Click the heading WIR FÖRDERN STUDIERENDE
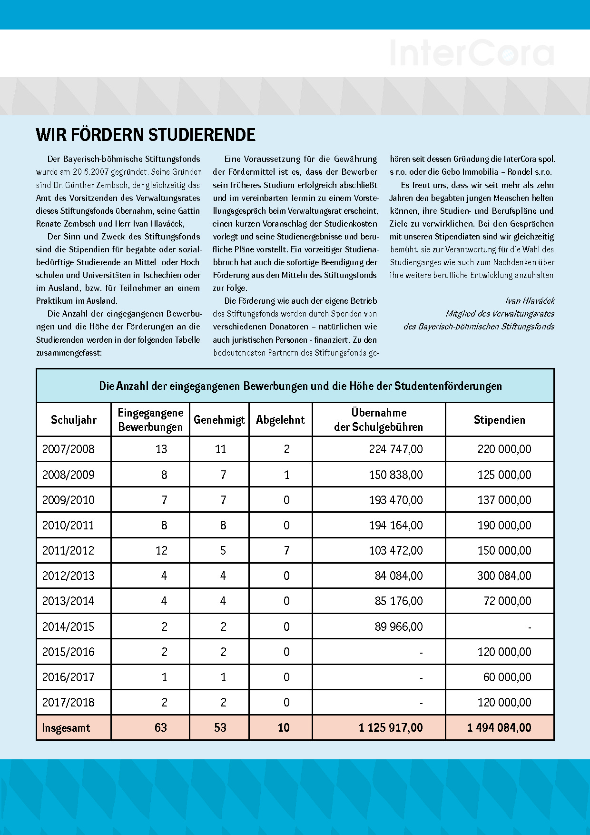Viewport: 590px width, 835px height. [146, 135]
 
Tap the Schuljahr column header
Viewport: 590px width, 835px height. [74, 420]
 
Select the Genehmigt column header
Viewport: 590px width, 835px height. [219, 420]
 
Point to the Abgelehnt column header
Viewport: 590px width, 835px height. [280, 420]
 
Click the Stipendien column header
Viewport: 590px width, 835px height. [500, 420]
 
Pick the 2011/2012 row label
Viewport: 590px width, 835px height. [68, 551]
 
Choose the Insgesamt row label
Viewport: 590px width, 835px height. [66, 728]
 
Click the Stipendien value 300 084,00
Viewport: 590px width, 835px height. [504, 576]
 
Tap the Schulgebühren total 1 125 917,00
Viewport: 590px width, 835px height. [391, 728]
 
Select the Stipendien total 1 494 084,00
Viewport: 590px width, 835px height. [499, 728]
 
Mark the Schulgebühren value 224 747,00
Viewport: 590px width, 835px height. [396, 449]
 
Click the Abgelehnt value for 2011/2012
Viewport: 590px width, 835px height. [286, 551]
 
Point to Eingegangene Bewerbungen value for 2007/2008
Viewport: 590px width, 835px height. [161, 449]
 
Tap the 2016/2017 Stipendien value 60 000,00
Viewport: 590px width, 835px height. [507, 677]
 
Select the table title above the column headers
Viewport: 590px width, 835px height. [300, 386]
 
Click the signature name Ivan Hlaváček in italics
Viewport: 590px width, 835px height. [530, 301]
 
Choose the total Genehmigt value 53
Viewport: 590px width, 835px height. [220, 728]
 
